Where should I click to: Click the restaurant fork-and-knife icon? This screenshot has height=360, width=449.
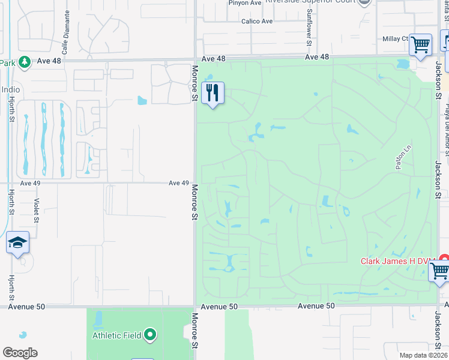[212, 93]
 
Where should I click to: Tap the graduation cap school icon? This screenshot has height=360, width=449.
[17, 243]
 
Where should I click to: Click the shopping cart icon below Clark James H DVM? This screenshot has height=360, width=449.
[439, 272]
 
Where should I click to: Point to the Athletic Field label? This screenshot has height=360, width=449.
[117, 335]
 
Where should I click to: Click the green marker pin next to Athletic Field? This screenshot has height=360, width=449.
[150, 335]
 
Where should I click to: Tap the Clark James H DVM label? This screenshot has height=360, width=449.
[398, 260]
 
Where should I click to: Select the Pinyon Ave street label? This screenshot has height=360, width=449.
[245, 2]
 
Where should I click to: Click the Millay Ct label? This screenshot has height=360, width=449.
[395, 38]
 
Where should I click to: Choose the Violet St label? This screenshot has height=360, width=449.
[37, 209]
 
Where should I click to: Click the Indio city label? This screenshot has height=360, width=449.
[10, 89]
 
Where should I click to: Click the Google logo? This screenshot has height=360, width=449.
[20, 353]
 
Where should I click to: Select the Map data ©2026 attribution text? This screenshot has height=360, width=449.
[423, 355]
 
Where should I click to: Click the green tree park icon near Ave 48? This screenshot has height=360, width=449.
[24, 62]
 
